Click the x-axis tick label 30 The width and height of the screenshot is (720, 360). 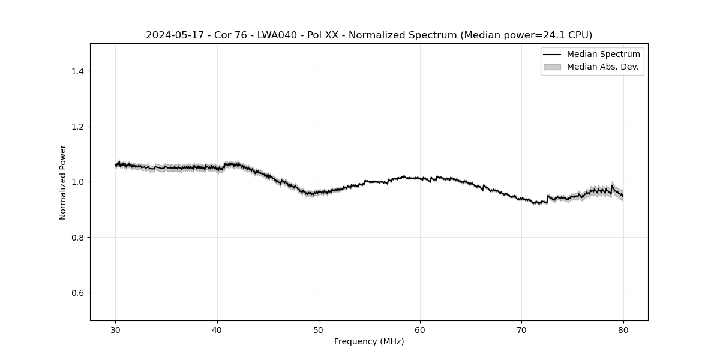click(116, 330)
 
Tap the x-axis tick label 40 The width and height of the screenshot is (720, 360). click(217, 330)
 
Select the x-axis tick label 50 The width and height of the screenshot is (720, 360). click(319, 330)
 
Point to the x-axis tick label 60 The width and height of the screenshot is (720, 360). click(420, 330)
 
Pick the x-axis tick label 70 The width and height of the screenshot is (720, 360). click(521, 330)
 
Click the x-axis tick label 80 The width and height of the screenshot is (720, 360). click(623, 330)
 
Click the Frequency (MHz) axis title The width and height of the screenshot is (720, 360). click(369, 341)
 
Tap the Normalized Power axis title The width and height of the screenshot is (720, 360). click(63, 182)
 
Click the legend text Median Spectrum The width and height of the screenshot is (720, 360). click(603, 55)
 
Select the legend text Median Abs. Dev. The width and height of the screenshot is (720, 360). click(602, 67)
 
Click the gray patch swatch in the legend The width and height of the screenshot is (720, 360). click(552, 67)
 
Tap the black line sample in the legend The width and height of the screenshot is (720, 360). click(552, 55)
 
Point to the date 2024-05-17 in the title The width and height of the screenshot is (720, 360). click(170, 35)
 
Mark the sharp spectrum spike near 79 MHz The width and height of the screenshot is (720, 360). click(612, 186)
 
